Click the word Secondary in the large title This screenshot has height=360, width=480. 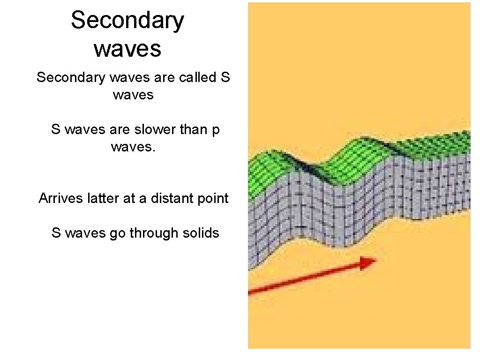[x=127, y=21]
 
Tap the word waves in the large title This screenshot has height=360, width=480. [x=127, y=48]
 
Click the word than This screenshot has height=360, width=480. [x=194, y=129]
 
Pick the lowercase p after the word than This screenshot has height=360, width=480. [x=216, y=130]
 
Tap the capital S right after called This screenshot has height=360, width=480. [x=225, y=77]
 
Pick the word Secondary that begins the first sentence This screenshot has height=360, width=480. [x=71, y=77]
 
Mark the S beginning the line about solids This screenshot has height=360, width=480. [x=56, y=233]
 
